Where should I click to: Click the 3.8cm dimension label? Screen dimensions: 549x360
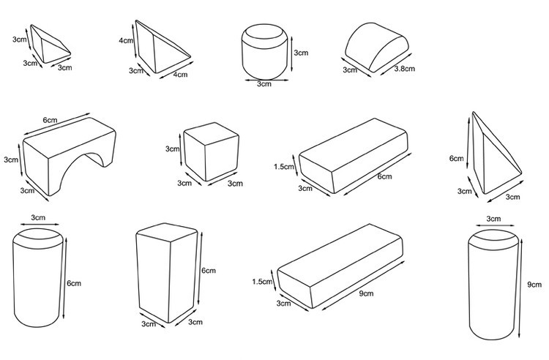tap(405, 69)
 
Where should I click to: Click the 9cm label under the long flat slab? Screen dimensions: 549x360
tap(367, 294)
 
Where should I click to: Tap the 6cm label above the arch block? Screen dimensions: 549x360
tap(51, 119)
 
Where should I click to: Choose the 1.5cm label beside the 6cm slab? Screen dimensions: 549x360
tap(283, 167)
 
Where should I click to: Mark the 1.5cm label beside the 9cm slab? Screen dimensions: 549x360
tap(261, 281)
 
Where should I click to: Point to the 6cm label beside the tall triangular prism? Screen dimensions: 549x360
tap(457, 158)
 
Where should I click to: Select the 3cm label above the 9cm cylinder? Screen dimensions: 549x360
tap(493, 218)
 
